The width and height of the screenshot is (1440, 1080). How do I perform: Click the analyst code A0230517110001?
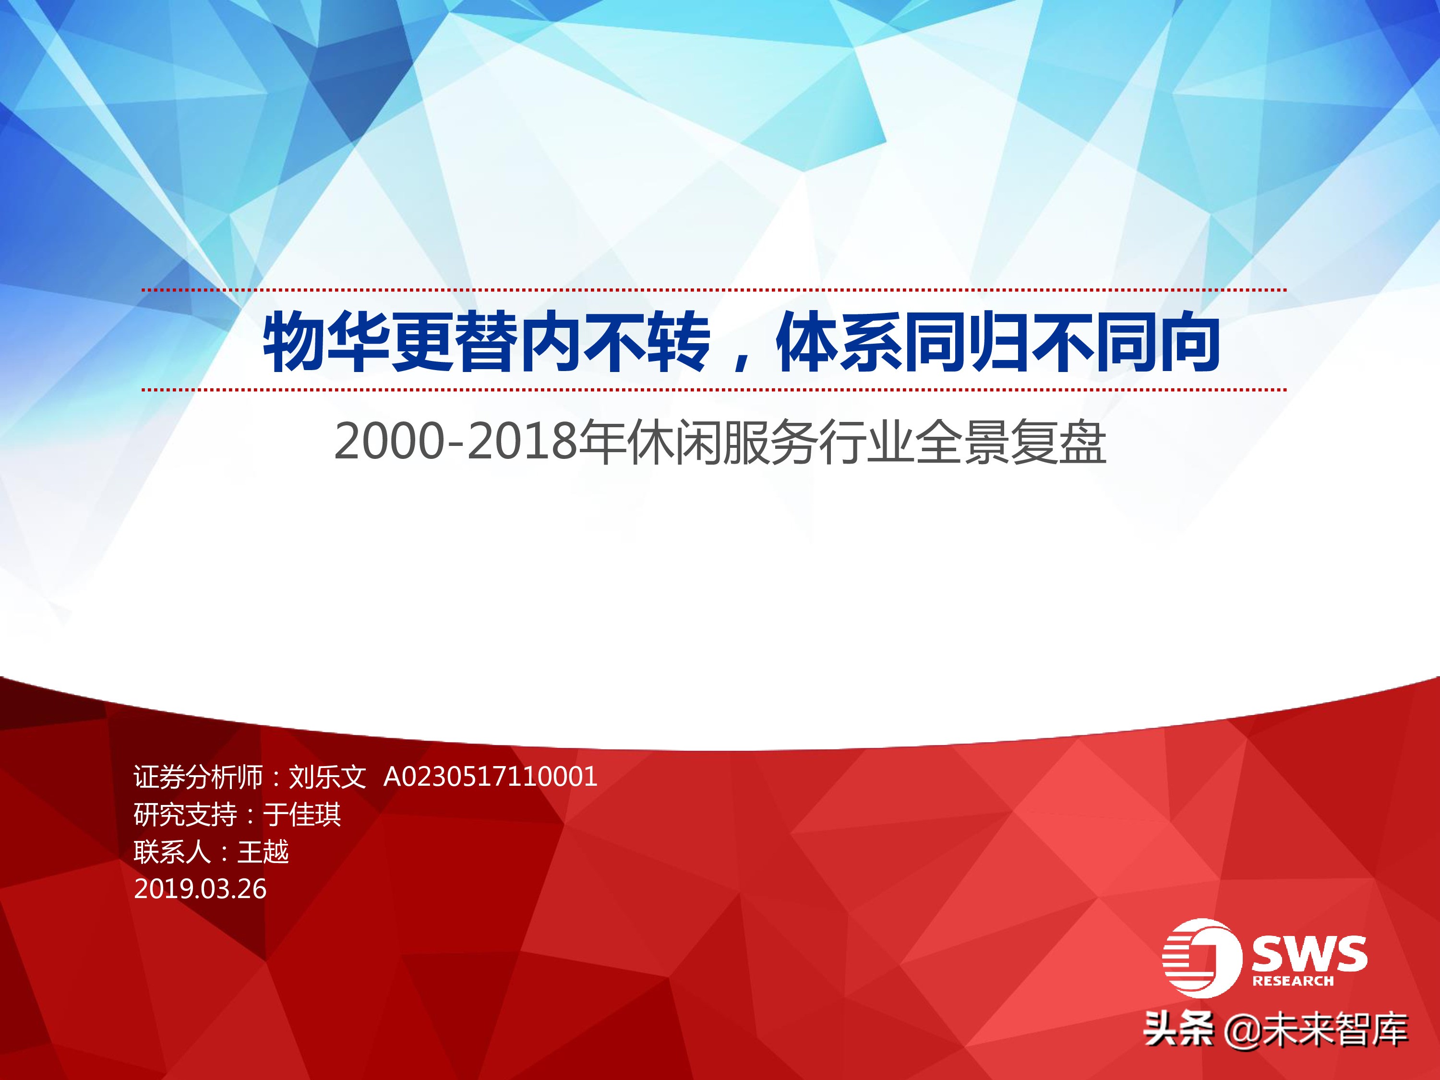pos(490,777)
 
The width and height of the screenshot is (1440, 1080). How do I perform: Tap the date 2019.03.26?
pos(200,889)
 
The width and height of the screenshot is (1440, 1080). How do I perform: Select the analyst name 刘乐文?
pos(327,777)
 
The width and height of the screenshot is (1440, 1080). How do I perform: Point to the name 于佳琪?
pos(301,815)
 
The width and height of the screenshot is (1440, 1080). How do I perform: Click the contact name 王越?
pos(263,852)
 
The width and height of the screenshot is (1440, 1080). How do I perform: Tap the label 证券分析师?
pos(198,777)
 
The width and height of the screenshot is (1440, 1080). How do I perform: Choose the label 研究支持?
pos(185,815)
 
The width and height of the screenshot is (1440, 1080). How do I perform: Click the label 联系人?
pos(172,852)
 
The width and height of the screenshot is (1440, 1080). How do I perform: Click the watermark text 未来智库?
pos(1335,1031)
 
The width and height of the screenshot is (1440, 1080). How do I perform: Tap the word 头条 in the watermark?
pos(1179,1031)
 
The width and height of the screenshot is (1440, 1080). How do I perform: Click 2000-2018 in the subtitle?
pos(456,442)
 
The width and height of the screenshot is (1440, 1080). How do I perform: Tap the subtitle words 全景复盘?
pos(1010,442)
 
